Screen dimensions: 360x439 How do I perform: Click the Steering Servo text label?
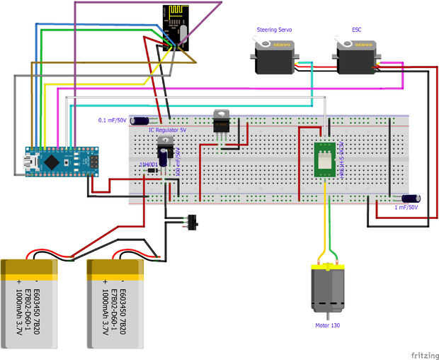coord(275,30)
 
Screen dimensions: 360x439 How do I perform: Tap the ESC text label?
coord(356,30)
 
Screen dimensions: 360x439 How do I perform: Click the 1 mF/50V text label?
coord(406,208)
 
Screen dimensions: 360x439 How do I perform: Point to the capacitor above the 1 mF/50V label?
coord(411,199)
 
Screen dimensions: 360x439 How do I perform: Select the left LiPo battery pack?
coord(29,304)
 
